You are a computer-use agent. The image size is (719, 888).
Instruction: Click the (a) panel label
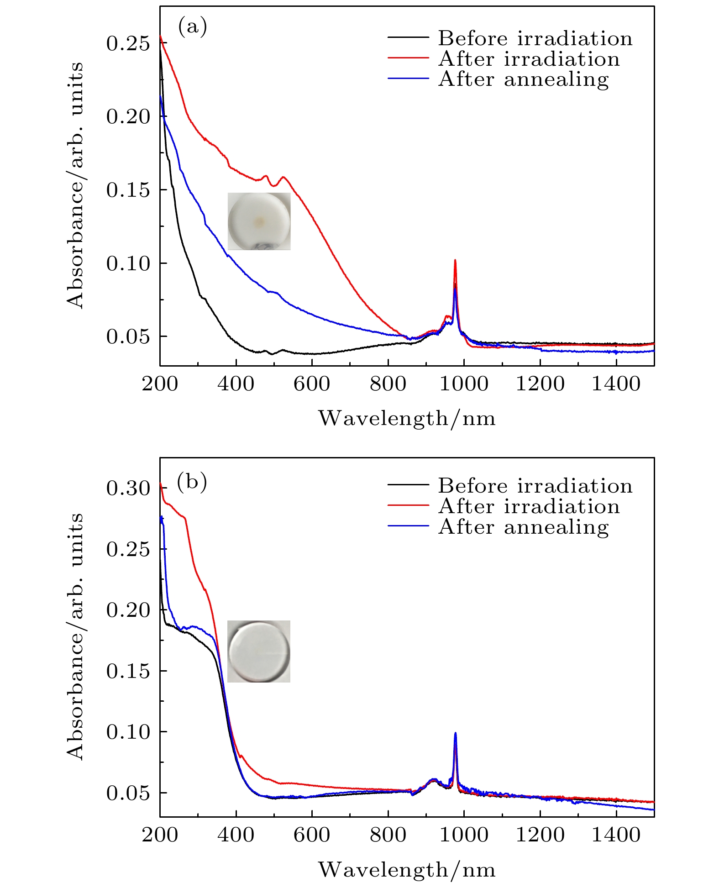click(x=192, y=27)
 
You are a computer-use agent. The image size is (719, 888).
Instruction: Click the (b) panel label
click(x=192, y=481)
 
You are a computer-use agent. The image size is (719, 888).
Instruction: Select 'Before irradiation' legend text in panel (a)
click(x=535, y=38)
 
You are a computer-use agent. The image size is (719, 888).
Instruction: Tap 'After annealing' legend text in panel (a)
click(x=524, y=79)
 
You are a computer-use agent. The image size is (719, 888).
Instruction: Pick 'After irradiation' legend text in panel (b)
click(x=529, y=506)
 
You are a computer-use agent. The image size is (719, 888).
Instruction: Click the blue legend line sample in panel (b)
click(x=408, y=526)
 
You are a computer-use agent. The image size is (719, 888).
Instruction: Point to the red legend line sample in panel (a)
click(x=408, y=58)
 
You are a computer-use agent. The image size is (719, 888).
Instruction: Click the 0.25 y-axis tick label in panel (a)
click(x=128, y=44)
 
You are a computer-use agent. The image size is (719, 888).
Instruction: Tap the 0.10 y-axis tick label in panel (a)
click(x=128, y=263)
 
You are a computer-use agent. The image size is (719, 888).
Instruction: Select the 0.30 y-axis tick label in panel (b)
click(x=128, y=488)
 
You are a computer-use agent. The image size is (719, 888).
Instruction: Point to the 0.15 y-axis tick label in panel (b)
click(x=128, y=671)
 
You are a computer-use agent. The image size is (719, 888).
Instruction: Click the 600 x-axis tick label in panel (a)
click(x=312, y=384)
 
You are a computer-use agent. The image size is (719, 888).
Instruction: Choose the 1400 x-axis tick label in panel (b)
click(x=616, y=835)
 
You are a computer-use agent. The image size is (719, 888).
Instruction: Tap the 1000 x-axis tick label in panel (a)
click(x=464, y=384)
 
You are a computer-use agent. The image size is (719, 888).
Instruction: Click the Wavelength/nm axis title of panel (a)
click(x=407, y=418)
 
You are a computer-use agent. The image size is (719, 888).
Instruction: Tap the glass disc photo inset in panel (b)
click(x=259, y=651)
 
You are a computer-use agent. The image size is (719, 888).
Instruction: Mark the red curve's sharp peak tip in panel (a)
click(x=455, y=260)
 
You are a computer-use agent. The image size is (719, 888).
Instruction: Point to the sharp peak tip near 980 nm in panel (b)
click(x=455, y=733)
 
